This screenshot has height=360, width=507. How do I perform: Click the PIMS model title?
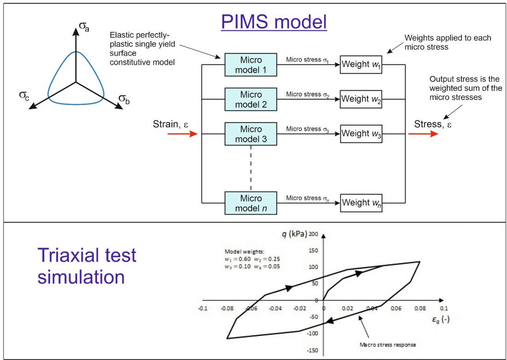click(274, 22)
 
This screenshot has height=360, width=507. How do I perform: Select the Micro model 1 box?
click(251, 64)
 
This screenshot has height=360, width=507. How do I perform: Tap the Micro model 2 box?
click(251, 99)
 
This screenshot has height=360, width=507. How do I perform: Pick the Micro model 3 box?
click(251, 134)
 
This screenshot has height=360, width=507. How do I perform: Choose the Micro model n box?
click(251, 203)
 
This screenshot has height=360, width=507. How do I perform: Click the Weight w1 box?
click(361, 64)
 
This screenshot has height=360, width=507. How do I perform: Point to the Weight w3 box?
click(361, 134)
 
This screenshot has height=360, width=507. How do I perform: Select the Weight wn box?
click(361, 203)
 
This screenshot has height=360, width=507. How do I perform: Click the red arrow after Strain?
click(182, 134)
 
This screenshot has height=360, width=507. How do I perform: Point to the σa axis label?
click(84, 27)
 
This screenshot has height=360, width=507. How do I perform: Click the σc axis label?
click(24, 97)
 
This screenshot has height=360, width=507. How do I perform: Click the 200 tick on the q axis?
click(314, 234)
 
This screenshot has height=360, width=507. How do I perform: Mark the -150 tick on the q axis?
click(313, 350)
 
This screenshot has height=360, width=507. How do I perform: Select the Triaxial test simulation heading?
click(87, 266)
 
